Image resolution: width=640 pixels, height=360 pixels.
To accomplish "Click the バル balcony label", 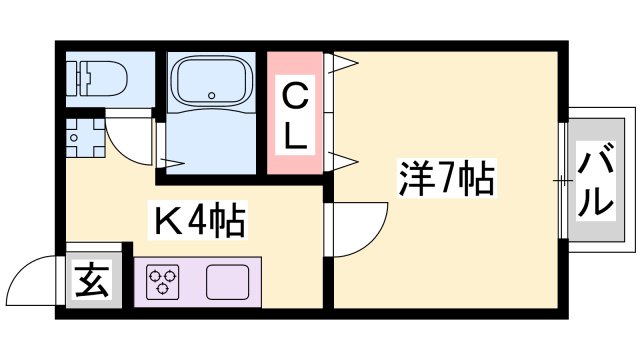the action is coord(594,181).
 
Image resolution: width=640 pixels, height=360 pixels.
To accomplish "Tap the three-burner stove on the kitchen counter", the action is coord(162,283).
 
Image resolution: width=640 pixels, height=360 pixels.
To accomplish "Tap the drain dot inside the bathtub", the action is coord(212,97).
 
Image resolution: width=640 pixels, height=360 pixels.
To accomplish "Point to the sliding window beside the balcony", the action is coord(564,181).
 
